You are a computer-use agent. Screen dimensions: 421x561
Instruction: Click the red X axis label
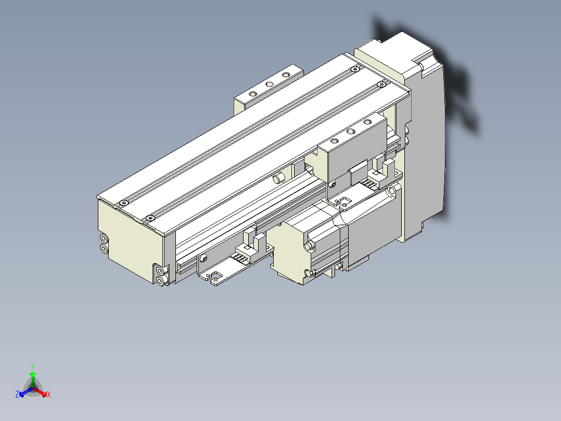(49, 395)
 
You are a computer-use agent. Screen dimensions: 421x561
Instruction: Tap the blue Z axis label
(17, 395)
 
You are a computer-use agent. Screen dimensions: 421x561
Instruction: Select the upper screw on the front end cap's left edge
(104, 239)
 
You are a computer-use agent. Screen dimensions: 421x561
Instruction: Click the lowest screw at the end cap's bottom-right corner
(160, 281)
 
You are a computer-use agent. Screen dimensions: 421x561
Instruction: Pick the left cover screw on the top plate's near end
(123, 202)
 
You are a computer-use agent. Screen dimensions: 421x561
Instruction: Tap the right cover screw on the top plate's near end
(150, 217)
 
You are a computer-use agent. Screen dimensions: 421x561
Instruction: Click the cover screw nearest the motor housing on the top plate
(381, 83)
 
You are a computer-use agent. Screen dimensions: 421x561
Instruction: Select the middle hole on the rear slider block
(269, 84)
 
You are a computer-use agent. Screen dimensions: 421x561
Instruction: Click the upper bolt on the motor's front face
(310, 245)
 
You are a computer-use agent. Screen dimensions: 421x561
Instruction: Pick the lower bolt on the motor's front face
(309, 273)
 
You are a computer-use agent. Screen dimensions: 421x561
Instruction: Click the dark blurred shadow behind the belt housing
(458, 89)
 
